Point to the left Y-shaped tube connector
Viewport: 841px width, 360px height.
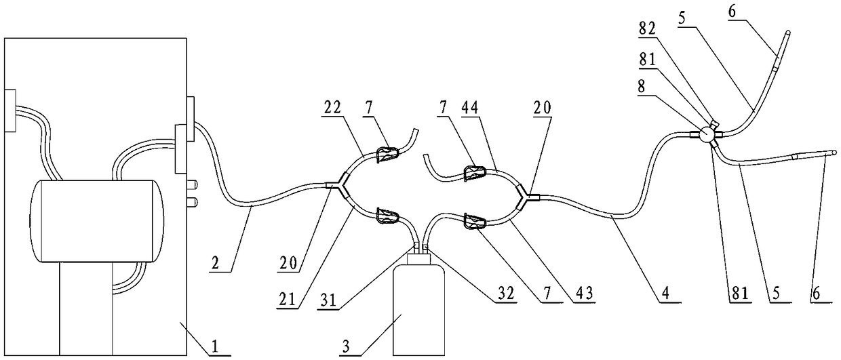pyautogui.click(x=340, y=185)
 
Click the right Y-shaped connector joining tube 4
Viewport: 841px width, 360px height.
pyautogui.click(x=526, y=196)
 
